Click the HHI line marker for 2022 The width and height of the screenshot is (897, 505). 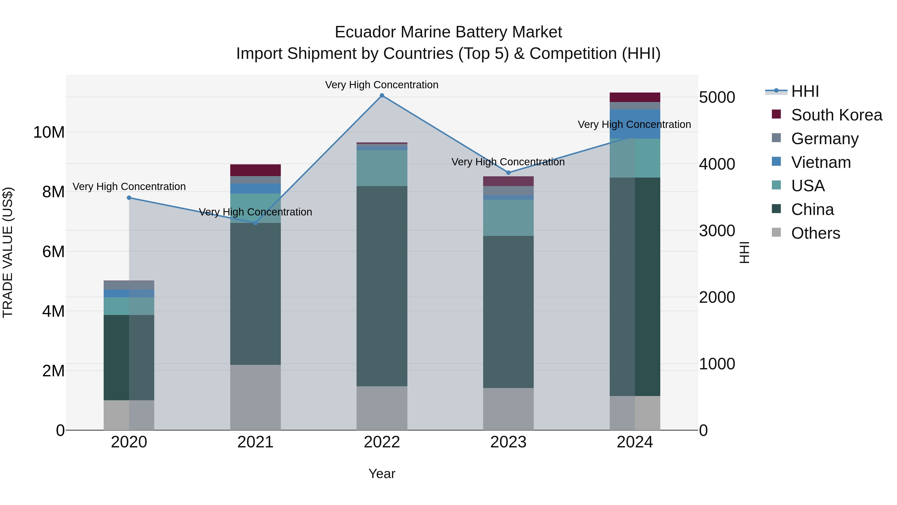pyautogui.click(x=382, y=96)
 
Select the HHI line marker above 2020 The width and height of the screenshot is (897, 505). pyautogui.click(x=129, y=198)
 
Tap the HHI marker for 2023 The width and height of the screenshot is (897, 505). pyautogui.click(x=508, y=173)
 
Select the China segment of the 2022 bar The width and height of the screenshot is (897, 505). pyautogui.click(x=382, y=286)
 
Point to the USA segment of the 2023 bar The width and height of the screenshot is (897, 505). pyautogui.click(x=508, y=218)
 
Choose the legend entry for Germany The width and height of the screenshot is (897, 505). pyautogui.click(x=824, y=139)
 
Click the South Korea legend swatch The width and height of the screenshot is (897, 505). pyautogui.click(x=776, y=114)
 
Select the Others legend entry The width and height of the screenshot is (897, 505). pyautogui.click(x=815, y=233)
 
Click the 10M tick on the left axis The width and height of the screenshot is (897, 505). pyautogui.click(x=49, y=132)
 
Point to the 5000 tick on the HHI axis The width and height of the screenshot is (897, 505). pyautogui.click(x=717, y=97)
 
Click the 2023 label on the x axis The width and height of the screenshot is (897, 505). pyautogui.click(x=508, y=442)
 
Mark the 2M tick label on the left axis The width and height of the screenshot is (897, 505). pyautogui.click(x=53, y=371)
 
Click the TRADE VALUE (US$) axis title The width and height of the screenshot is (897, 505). pyautogui.click(x=8, y=252)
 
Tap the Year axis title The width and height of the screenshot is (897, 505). pyautogui.click(x=382, y=474)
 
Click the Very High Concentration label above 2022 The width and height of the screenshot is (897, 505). pyautogui.click(x=382, y=85)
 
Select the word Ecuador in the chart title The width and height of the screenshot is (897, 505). pyautogui.click(x=365, y=32)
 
